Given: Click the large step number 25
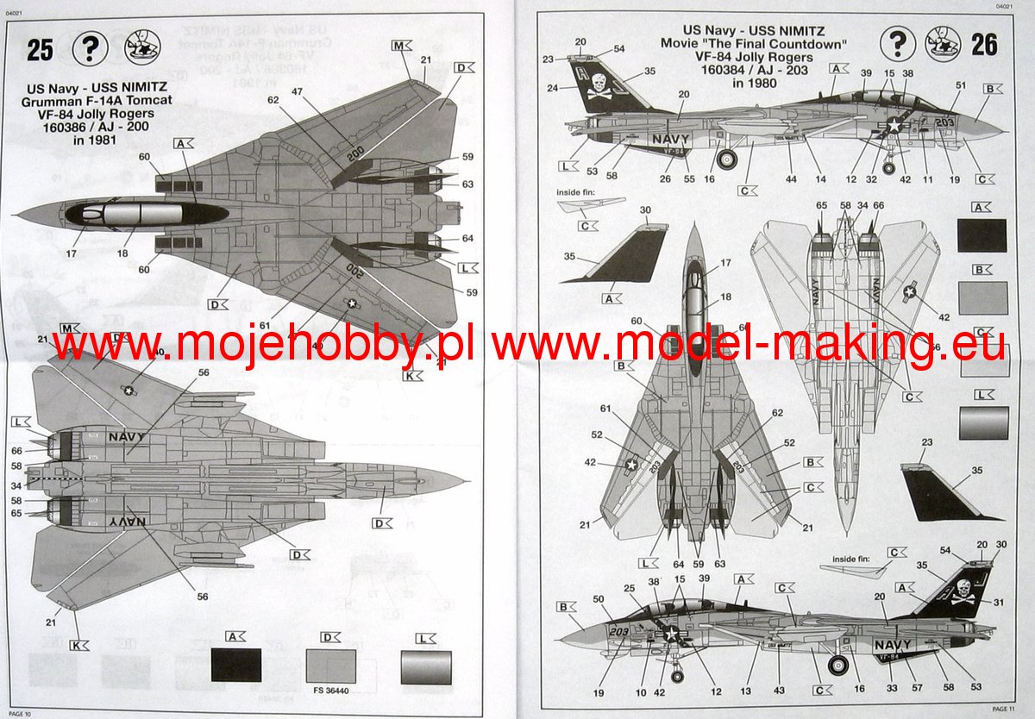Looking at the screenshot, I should click(40, 50).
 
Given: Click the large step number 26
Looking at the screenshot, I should click(984, 45).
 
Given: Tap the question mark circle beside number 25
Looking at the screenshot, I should click(89, 49).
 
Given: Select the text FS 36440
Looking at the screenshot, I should click(338, 690).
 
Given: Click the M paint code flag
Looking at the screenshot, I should click(402, 45).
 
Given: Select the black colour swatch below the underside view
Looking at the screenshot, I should click(235, 665).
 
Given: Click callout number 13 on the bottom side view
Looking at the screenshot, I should click(756, 691).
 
